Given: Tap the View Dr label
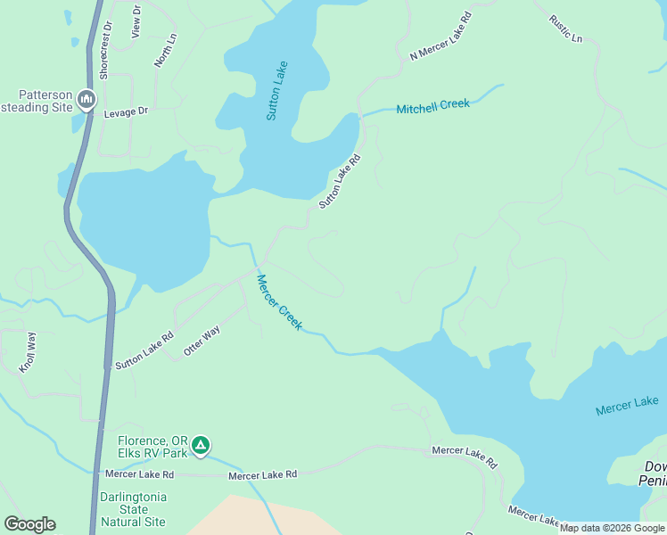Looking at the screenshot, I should point(136,21).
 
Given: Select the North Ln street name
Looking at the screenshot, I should point(166,51).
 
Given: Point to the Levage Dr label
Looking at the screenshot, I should point(125,111).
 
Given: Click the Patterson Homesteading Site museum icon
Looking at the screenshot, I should point(86,99).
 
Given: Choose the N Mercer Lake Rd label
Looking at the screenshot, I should point(441,37).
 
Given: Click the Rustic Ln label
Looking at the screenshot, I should point(565,29).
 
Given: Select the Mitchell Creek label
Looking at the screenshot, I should point(432,106).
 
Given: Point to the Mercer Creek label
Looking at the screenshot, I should point(280,301).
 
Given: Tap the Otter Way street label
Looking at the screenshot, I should point(202,342).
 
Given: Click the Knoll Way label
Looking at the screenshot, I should point(28,352).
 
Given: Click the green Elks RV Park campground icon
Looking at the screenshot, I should point(202,445).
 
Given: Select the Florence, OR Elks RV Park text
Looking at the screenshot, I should point(152,447).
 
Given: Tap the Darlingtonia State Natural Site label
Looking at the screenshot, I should point(133,509).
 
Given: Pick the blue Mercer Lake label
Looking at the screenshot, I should point(627,405).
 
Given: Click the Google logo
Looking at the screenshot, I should point(29,524).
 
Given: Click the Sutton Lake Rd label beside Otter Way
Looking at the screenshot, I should point(144,350).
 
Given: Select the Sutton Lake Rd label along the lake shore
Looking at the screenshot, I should point(340,182).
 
